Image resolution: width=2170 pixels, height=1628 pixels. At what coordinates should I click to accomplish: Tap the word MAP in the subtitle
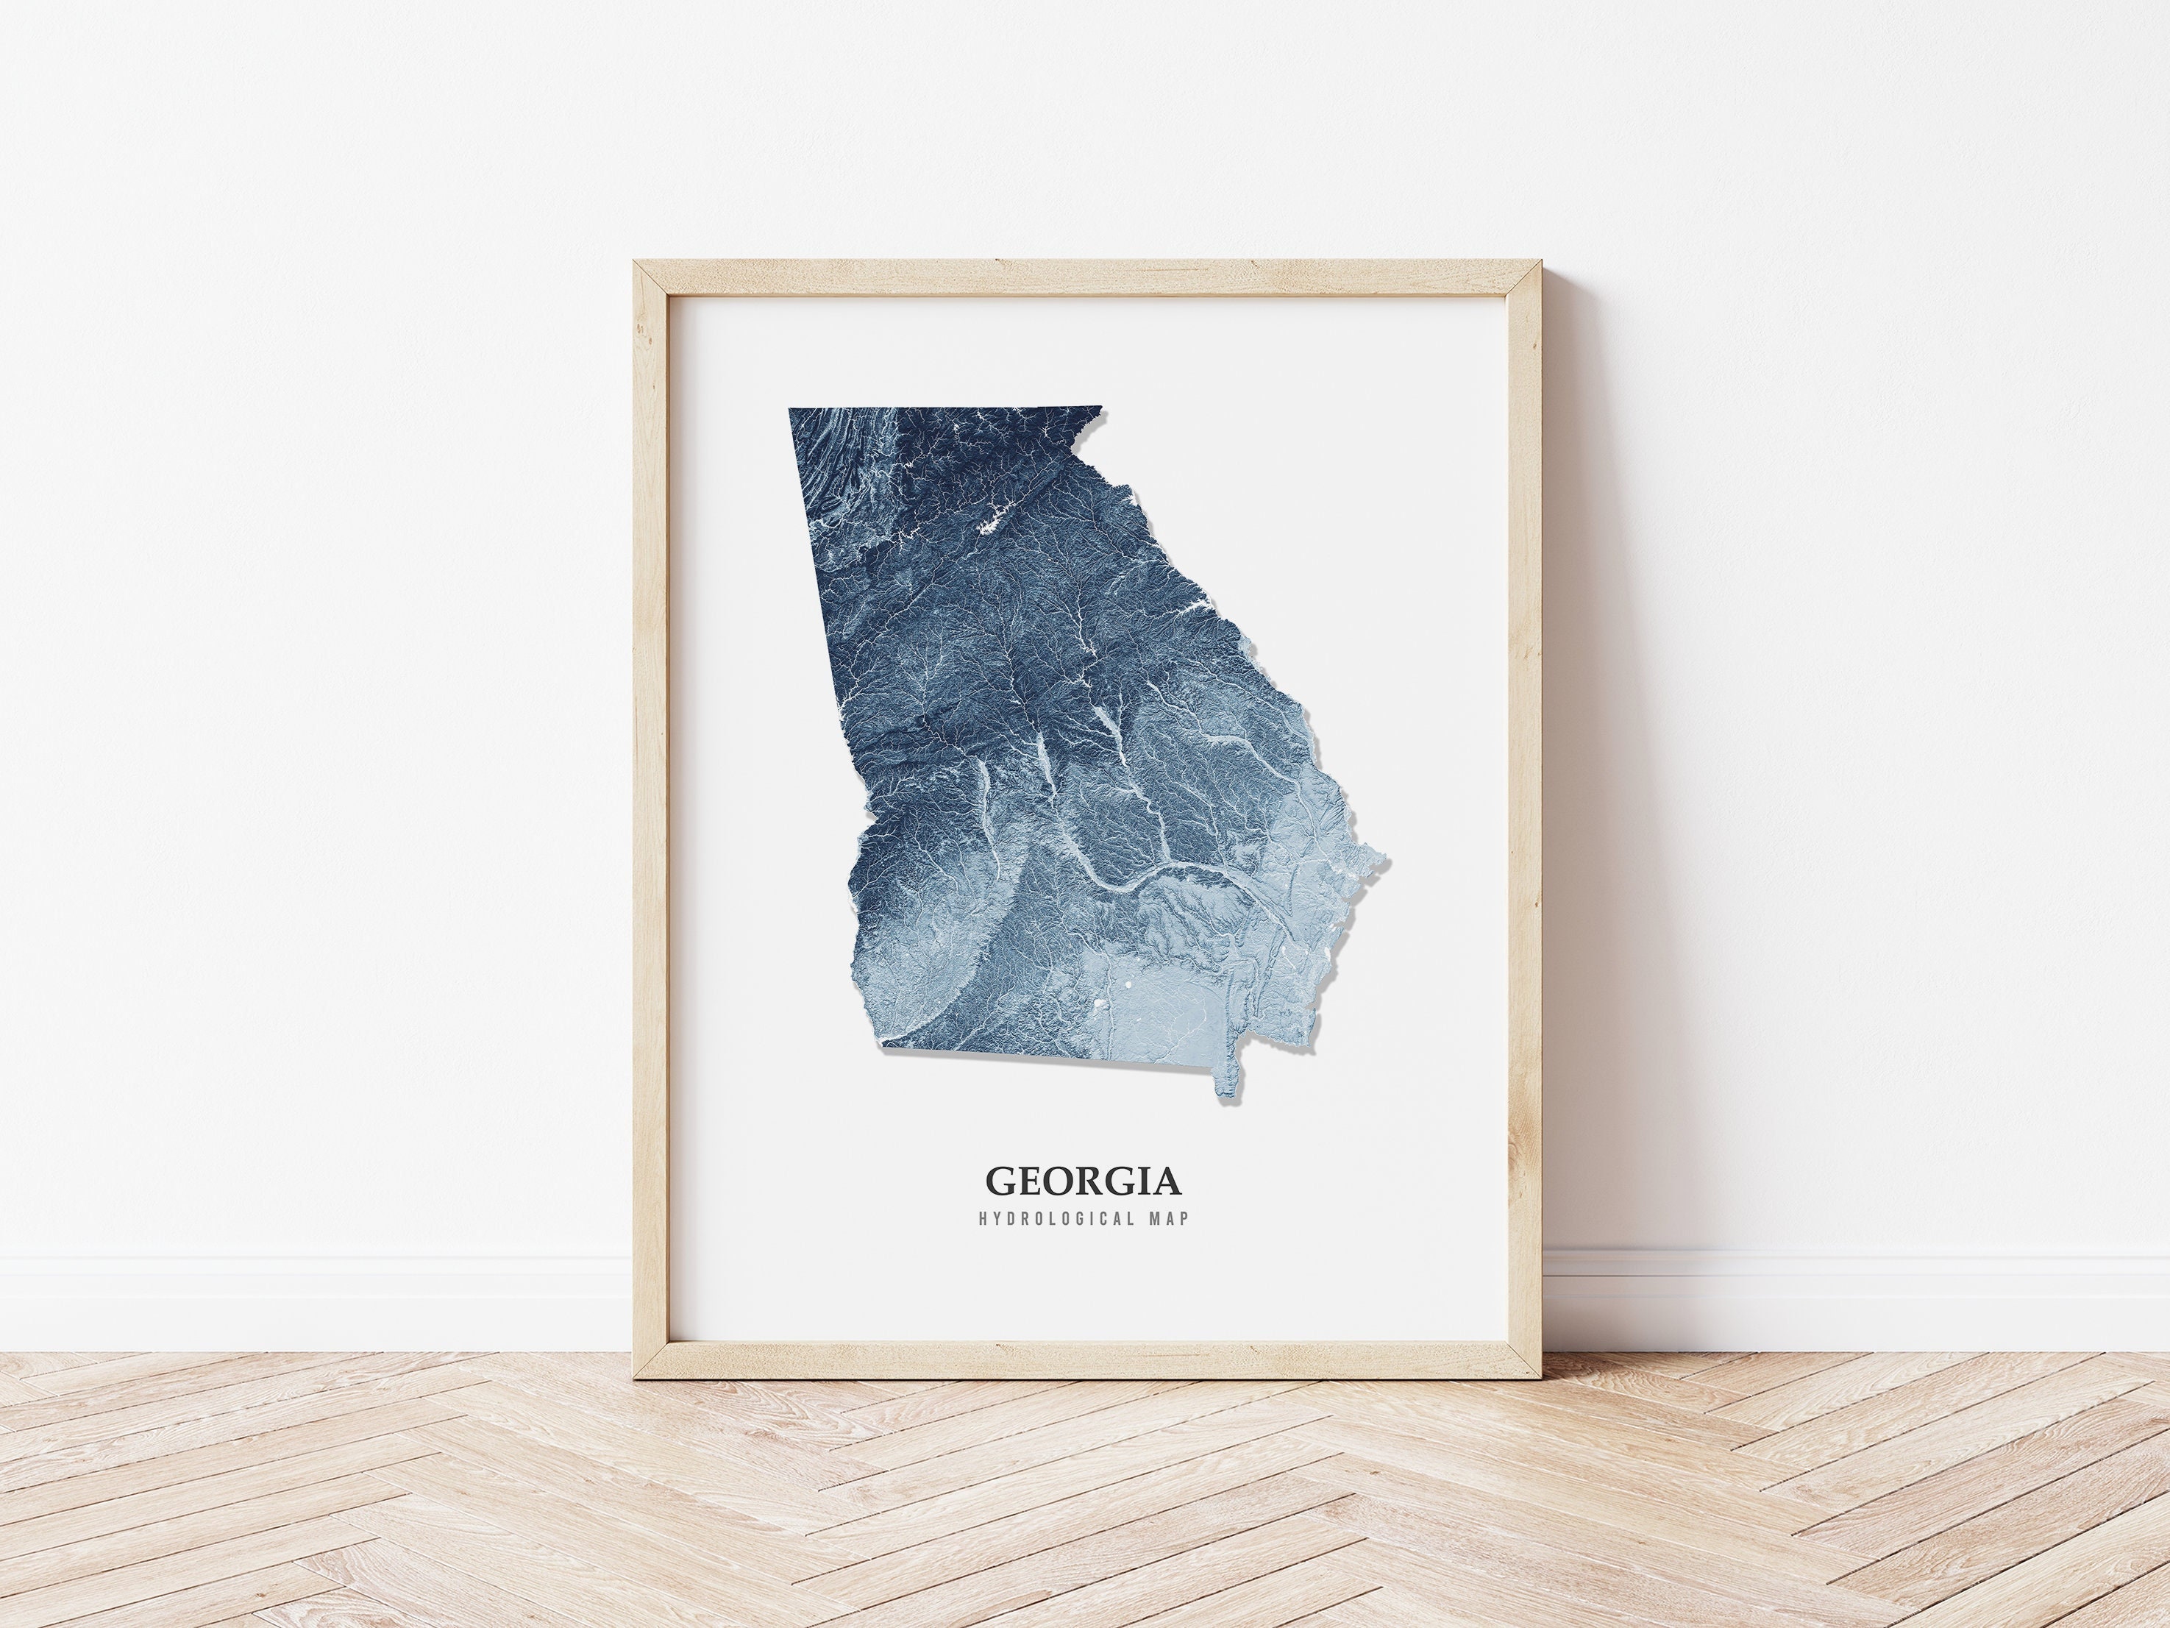point(1170,1220)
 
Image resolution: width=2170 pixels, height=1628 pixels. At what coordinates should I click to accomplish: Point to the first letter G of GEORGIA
point(1000,1181)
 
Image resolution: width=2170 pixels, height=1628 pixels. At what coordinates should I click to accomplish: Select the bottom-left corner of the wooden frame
point(635,1377)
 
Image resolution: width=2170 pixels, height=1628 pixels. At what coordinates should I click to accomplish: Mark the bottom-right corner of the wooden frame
point(1540,1377)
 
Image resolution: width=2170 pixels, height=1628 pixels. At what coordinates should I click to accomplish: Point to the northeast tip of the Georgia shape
point(1100,408)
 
